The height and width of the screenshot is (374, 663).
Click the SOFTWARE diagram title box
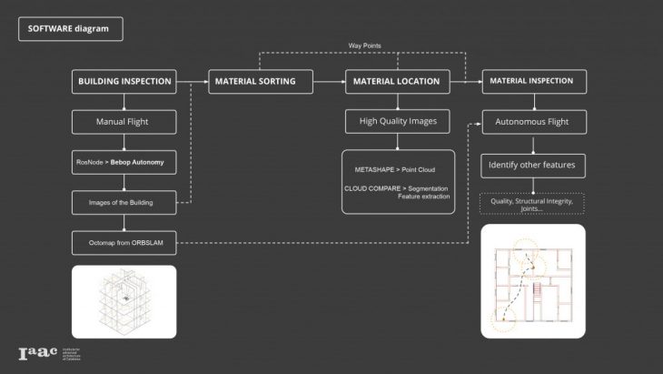70,28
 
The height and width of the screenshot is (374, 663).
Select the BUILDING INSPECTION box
124,81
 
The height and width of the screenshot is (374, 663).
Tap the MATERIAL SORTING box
254,81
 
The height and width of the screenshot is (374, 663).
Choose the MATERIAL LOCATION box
397,81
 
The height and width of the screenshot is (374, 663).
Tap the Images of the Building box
124,202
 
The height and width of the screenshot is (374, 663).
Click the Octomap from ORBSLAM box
124,242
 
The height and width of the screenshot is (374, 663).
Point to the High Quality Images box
397,121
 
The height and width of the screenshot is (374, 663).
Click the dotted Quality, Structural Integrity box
531,204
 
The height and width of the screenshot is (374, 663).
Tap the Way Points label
364,45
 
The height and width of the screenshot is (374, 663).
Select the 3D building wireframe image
124,301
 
